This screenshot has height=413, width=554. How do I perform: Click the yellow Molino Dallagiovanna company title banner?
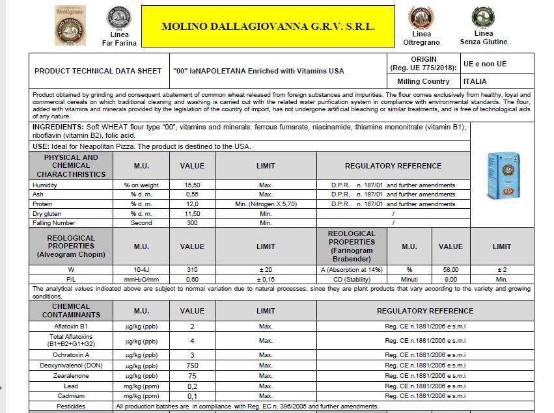pyautogui.click(x=268, y=27)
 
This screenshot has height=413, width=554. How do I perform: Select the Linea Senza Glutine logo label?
pyautogui.click(x=483, y=38)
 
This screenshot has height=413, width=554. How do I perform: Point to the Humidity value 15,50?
pyautogui.click(x=192, y=185)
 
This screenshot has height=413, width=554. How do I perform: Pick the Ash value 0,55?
pyautogui.click(x=192, y=194)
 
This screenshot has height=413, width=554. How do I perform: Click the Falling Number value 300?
pyautogui.click(x=192, y=223)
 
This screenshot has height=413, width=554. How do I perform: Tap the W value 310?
pyautogui.click(x=192, y=269)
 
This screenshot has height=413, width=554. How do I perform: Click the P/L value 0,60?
pyautogui.click(x=192, y=279)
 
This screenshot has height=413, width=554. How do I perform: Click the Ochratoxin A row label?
pyautogui.click(x=71, y=355)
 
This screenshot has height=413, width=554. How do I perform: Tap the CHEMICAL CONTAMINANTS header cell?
pyautogui.click(x=71, y=311)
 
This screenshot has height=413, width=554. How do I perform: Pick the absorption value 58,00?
pyautogui.click(x=450, y=269)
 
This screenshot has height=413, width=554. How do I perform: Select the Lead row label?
pyautogui.click(x=71, y=386)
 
